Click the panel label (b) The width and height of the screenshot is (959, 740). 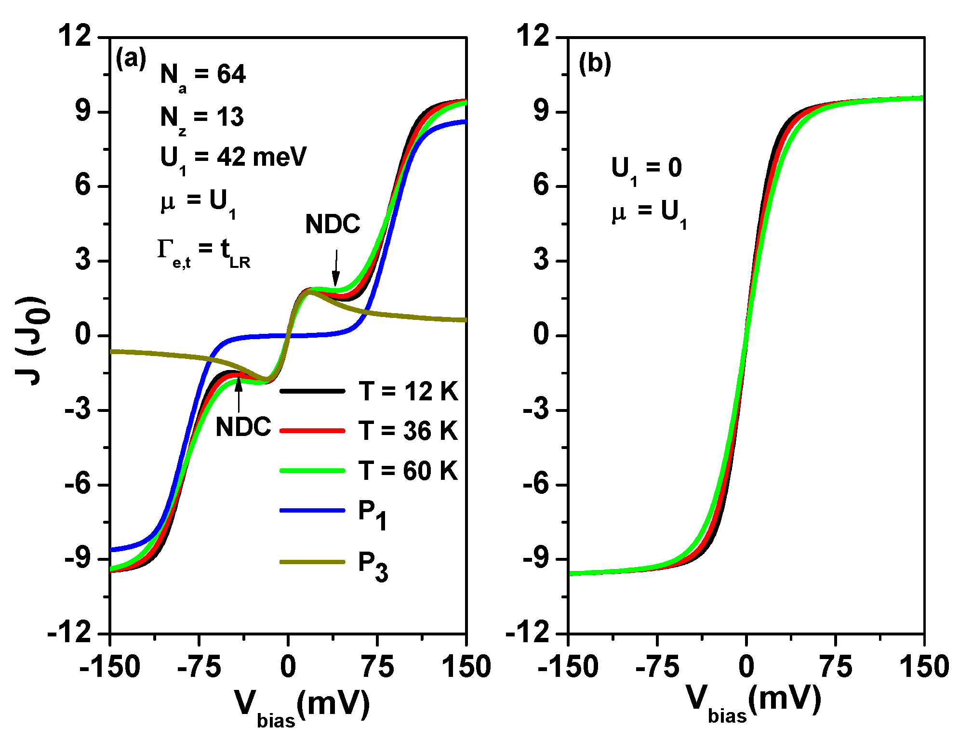595,63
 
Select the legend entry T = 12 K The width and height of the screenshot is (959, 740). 408,391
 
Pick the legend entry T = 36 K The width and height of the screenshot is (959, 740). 408,430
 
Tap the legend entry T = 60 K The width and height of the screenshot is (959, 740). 408,470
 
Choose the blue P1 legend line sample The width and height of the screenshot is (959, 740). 312,510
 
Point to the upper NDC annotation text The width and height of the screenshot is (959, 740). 333,224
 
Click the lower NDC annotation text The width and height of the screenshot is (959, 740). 243,427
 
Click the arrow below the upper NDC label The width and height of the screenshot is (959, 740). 336,268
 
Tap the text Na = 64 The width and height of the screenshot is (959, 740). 202,76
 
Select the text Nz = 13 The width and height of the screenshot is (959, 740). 201,118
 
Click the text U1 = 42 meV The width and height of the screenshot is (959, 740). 233,158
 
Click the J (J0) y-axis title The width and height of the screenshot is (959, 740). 32,340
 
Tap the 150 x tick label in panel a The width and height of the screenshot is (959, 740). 466,667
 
